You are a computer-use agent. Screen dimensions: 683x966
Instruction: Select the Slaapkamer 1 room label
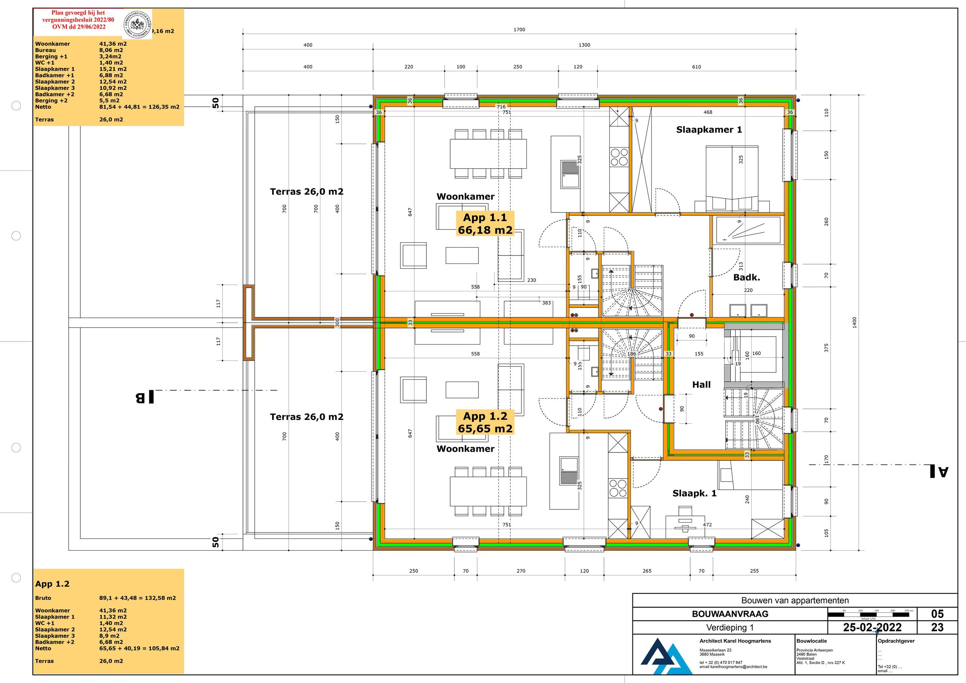pyautogui.click(x=709, y=129)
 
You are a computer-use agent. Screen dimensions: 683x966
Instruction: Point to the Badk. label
pyautogui.click(x=746, y=277)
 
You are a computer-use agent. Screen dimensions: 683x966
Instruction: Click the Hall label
pyautogui.click(x=701, y=384)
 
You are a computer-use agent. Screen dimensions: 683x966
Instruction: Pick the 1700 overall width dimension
pyautogui.click(x=519, y=29)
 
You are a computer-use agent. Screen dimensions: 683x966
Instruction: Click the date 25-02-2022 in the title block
pyautogui.click(x=872, y=628)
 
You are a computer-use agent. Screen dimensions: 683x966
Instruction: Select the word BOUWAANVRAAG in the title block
pyautogui.click(x=730, y=614)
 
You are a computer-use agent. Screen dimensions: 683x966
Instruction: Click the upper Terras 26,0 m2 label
pyautogui.click(x=306, y=191)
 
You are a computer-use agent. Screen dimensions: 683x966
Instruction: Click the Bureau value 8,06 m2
pyautogui.click(x=111, y=50)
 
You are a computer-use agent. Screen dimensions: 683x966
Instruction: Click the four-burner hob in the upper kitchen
pyautogui.click(x=619, y=157)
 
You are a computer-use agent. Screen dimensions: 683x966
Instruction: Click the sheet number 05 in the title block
pyautogui.click(x=937, y=614)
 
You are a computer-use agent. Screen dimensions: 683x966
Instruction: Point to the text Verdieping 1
pyautogui.click(x=729, y=628)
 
